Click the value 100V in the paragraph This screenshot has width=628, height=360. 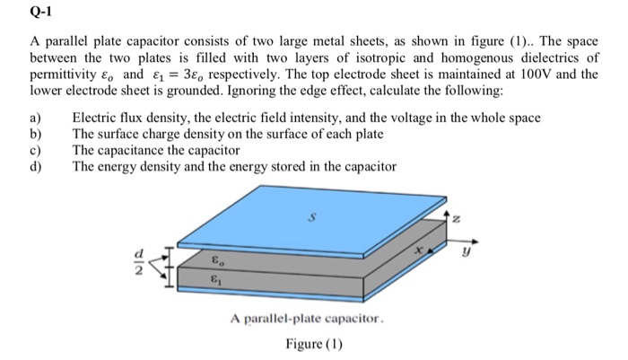click(537, 75)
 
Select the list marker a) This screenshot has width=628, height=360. click(37, 119)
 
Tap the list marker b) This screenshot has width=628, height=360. click(37, 135)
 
